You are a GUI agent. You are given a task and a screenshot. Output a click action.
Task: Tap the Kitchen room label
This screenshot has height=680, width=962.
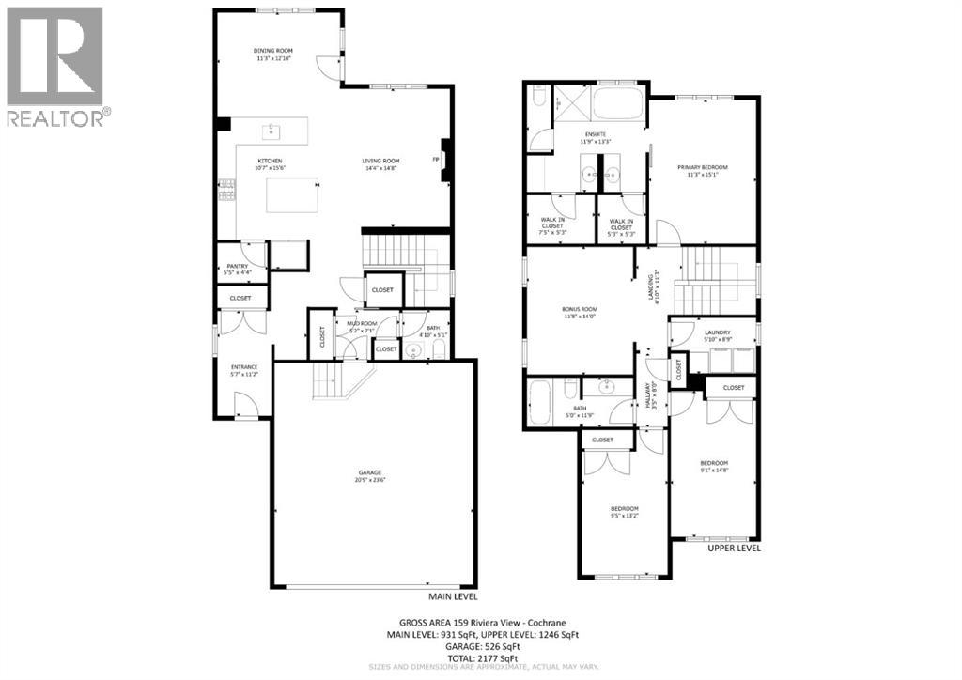click(270, 161)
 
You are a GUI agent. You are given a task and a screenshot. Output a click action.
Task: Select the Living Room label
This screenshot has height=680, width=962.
click(380, 161)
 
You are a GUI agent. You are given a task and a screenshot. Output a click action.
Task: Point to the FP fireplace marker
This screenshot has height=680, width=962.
click(436, 160)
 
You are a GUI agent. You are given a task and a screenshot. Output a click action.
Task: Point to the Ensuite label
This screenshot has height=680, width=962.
click(597, 134)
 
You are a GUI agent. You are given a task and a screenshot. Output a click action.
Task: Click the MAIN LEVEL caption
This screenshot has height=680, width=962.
click(453, 595)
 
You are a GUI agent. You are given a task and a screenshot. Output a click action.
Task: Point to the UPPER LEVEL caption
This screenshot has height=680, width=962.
click(734, 548)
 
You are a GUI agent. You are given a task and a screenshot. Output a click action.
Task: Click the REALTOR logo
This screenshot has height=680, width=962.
click(55, 66)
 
